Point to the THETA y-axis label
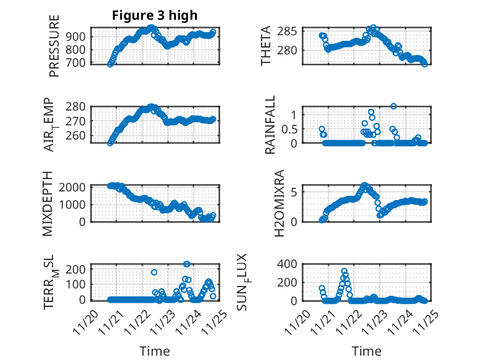click(x=266, y=46)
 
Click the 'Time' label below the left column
click(x=154, y=351)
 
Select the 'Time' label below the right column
click(x=367, y=351)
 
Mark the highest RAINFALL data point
click(x=393, y=106)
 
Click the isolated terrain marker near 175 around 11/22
click(x=154, y=272)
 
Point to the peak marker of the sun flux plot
click(x=344, y=271)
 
